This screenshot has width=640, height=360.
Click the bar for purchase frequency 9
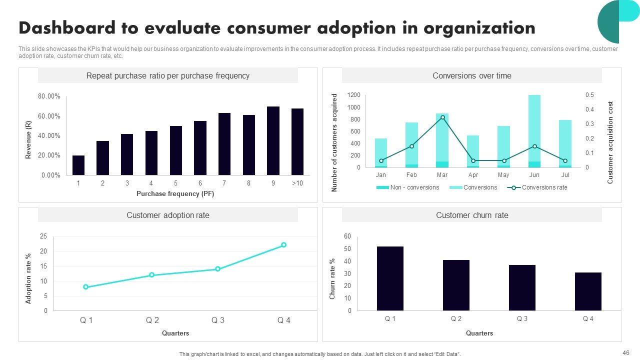coord(273,140)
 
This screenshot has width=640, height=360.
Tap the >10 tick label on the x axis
coord(297,183)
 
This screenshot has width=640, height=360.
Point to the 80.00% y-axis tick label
coord(49,96)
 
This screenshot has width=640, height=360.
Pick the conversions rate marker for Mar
coord(442,117)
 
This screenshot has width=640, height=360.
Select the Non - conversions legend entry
coord(407,187)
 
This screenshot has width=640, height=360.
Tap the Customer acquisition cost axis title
coord(610,142)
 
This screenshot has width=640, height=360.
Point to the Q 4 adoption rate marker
coord(284,245)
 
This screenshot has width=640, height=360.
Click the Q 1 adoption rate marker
coord(86,287)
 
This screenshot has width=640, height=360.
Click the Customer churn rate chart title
coord(472,215)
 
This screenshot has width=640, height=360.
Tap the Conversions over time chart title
coord(472,76)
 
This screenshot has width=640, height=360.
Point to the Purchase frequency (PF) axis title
coord(175,194)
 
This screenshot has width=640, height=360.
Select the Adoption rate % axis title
coord(28,278)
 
